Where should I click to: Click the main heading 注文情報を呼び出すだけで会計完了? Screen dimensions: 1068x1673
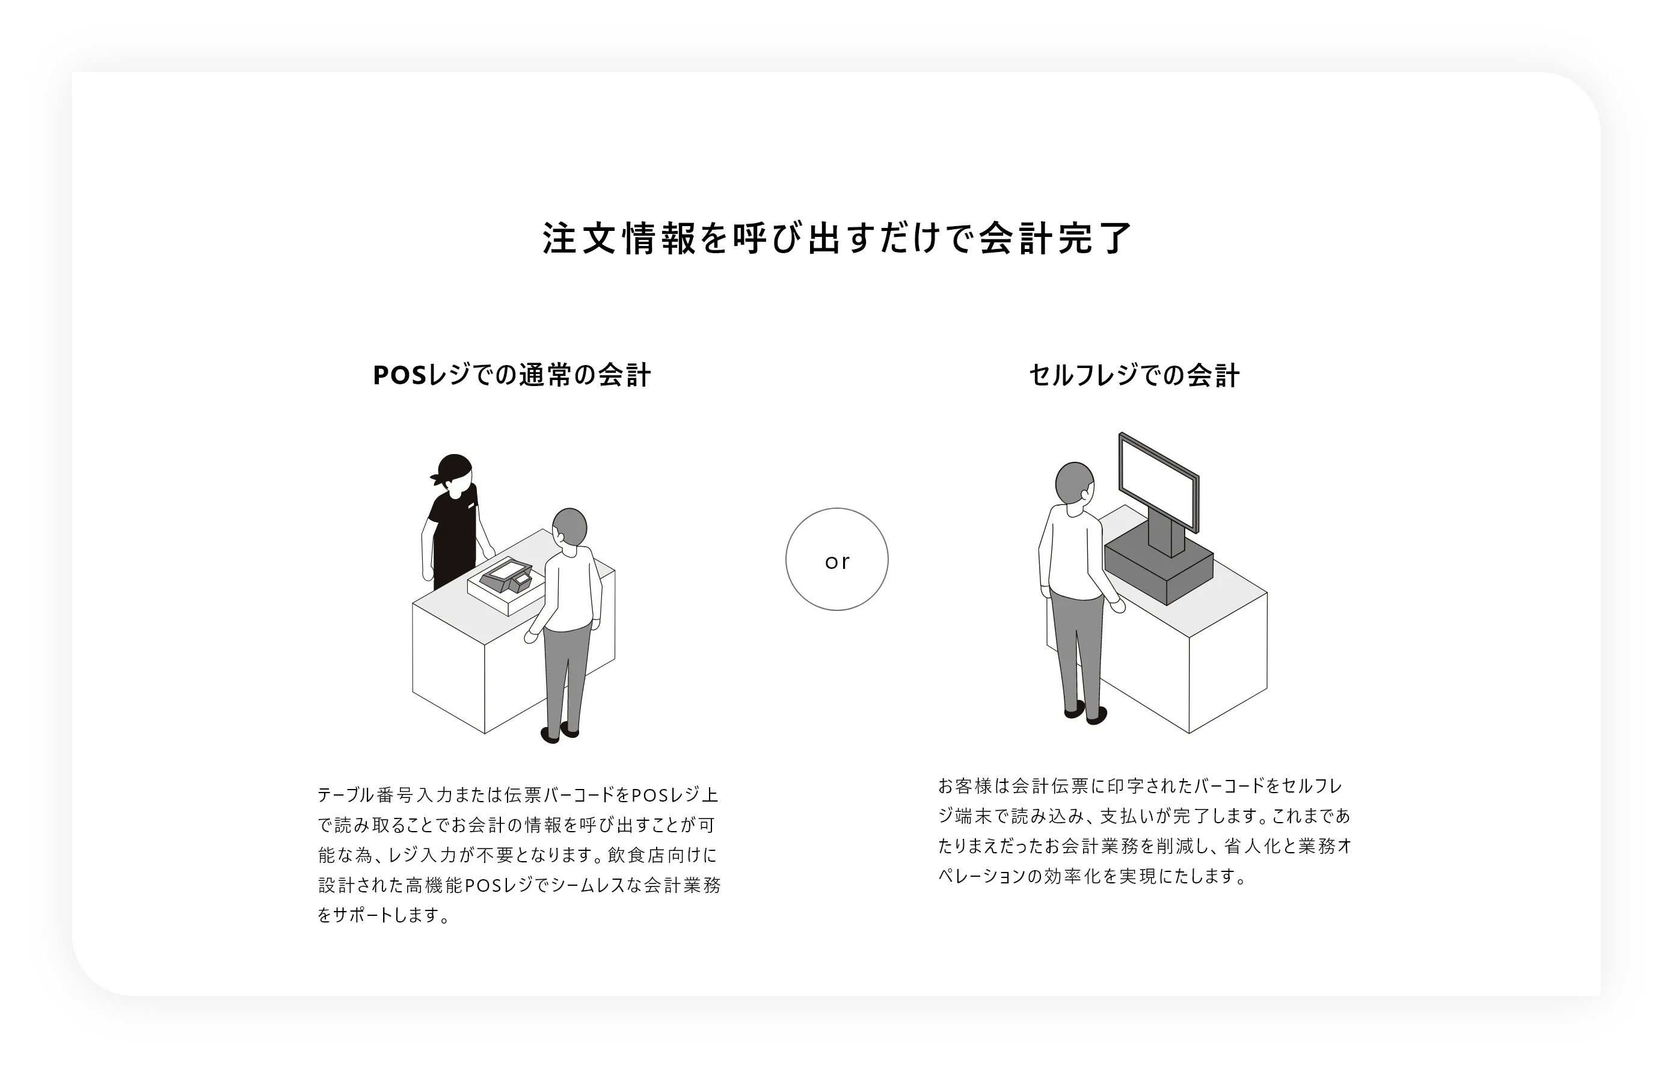pos(836,238)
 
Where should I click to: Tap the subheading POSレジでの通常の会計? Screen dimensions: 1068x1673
pos(512,375)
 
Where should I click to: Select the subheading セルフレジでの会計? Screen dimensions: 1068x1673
pos(1134,376)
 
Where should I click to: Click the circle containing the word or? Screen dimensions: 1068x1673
pos(836,559)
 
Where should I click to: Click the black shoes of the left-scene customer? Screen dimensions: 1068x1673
pos(559,732)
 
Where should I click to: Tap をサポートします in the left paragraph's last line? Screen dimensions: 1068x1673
pos(384,916)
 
